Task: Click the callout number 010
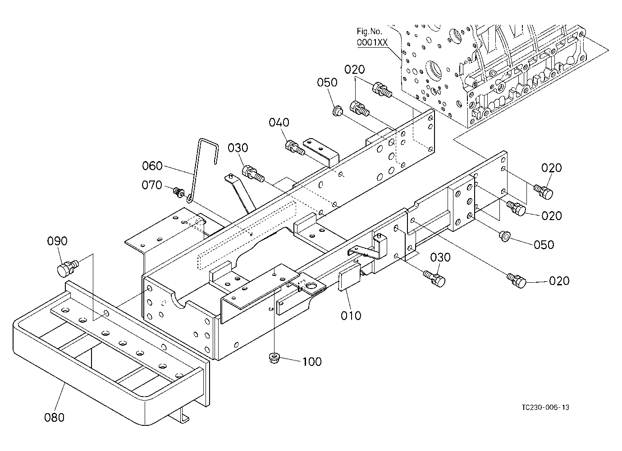tap(351, 316)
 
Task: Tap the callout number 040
tap(279, 122)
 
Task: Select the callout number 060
tap(152, 166)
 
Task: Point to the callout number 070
tap(151, 185)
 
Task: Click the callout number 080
tap(54, 417)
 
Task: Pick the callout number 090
tap(57, 241)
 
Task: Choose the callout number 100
tap(312, 362)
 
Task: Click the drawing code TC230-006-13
tap(545, 407)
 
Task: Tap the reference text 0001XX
tap(372, 42)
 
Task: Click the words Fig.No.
tap(369, 32)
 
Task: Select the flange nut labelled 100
tap(274, 358)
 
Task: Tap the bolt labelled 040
tap(295, 147)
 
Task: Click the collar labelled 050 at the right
tap(504, 236)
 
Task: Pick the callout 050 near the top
tap(327, 82)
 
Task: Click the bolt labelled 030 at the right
tap(434, 278)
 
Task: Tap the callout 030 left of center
tap(238, 148)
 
